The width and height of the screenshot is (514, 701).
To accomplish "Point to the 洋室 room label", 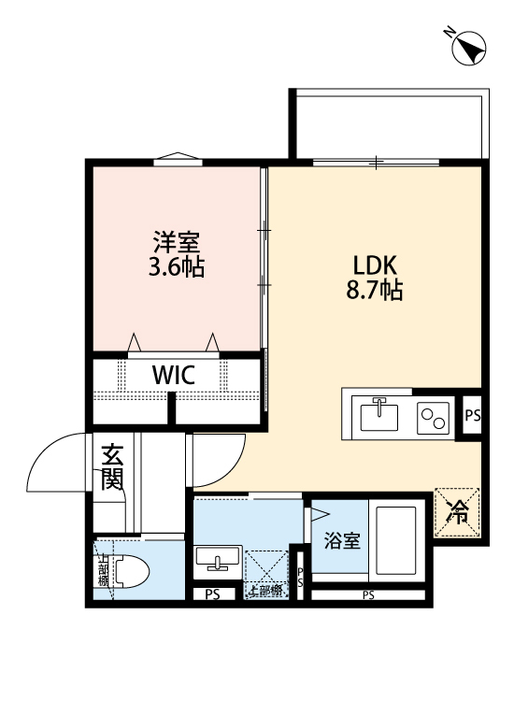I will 176,242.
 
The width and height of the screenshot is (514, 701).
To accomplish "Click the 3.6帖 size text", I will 176,268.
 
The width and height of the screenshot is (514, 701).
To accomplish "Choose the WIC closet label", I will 174,376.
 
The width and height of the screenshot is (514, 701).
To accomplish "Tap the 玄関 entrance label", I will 112,467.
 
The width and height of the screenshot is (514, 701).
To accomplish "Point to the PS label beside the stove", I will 472,414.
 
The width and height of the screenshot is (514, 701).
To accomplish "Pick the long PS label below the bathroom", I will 368,595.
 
